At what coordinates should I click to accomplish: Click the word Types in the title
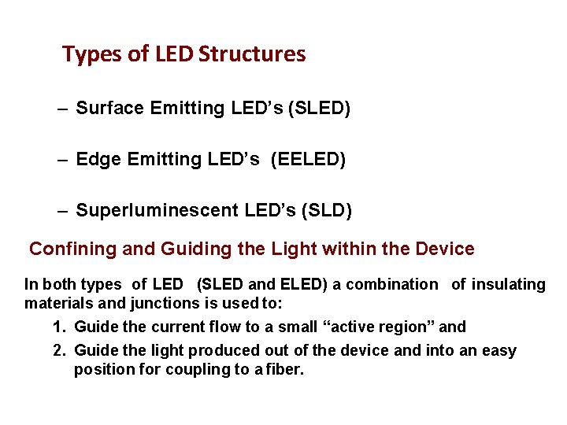click(x=88, y=55)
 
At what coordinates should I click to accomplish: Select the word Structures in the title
click(x=252, y=54)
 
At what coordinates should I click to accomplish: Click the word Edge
click(x=98, y=160)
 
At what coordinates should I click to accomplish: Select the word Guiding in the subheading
click(x=194, y=249)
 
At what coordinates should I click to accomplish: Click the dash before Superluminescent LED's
click(x=63, y=211)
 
